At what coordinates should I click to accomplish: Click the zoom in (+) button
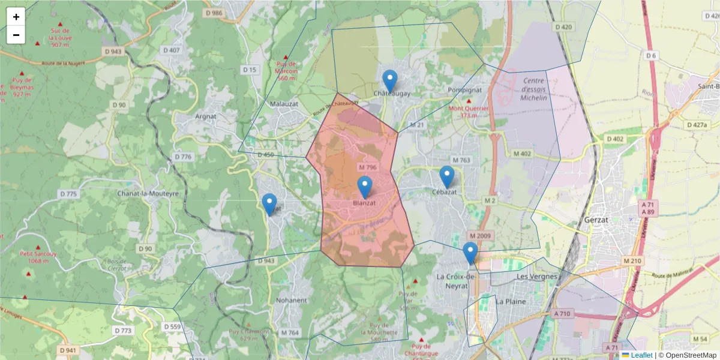pyautogui.click(x=16, y=17)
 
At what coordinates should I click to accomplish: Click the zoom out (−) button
pyautogui.click(x=16, y=35)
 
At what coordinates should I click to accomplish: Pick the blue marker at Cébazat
pyautogui.click(x=446, y=176)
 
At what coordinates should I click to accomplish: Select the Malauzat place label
pyautogui.click(x=284, y=103)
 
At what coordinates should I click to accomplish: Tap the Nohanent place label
pyautogui.click(x=291, y=300)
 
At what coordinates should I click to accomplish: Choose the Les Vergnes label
pyautogui.click(x=537, y=277)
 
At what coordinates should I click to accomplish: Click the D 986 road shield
pyautogui.click(x=214, y=13)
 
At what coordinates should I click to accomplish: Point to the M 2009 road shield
pyautogui.click(x=481, y=235)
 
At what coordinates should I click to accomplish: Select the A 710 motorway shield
pyautogui.click(x=563, y=314)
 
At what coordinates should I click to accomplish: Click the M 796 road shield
pyautogui.click(x=367, y=167)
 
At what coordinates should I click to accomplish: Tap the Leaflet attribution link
pyautogui.click(x=641, y=355)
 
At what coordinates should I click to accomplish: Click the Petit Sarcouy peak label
pyautogui.click(x=38, y=257)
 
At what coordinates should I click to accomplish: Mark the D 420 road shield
pyautogui.click(x=564, y=27)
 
